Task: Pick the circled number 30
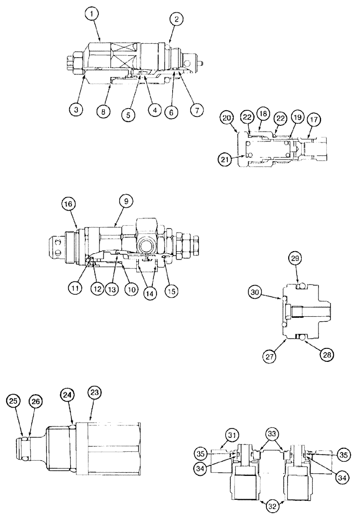coord(256,293)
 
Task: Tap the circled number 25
coord(14,401)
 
